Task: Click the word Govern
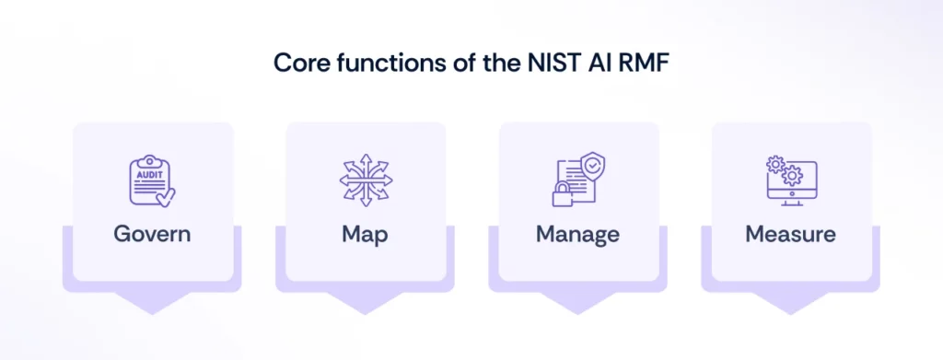(x=152, y=234)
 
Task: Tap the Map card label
(x=365, y=234)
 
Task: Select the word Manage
(x=577, y=234)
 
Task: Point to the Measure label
(x=790, y=234)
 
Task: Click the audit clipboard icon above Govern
(x=152, y=181)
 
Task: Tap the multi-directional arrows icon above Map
(x=365, y=181)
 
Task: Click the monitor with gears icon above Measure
(x=790, y=181)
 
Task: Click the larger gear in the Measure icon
(x=792, y=174)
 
